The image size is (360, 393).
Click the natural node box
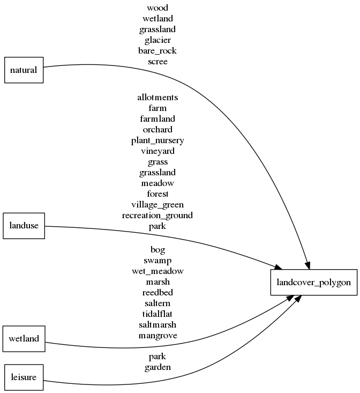(24, 70)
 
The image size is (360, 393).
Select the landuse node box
(24, 226)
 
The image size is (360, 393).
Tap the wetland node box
(24, 338)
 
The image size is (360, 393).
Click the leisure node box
(24, 377)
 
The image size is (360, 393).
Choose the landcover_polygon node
(313, 282)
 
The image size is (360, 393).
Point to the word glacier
(157, 40)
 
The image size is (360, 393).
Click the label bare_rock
(157, 51)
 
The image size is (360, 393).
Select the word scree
(157, 62)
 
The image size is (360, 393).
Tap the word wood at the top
(157, 8)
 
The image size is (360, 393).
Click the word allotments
(157, 98)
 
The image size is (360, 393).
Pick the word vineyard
(157, 151)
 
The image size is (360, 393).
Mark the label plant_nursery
(157, 140)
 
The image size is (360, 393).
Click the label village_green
(157, 205)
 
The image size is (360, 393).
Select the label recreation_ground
(157, 216)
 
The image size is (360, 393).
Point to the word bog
(157, 250)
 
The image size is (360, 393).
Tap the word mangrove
(157, 336)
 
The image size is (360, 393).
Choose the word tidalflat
(157, 314)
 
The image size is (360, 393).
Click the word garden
(157, 367)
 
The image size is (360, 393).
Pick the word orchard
(157, 130)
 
